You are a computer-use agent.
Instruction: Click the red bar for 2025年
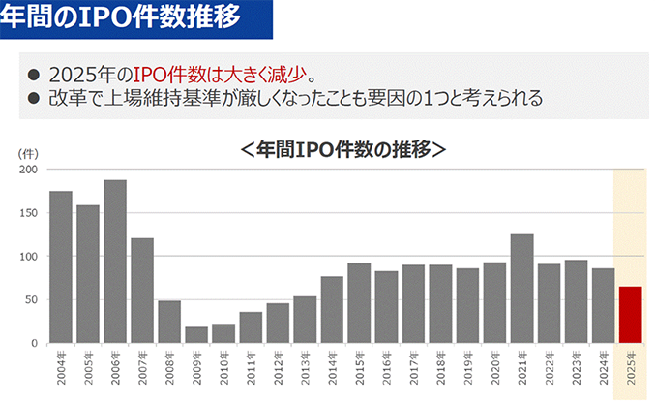tap(630, 315)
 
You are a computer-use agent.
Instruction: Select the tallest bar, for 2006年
tap(115, 262)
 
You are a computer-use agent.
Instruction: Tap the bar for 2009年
tap(196, 335)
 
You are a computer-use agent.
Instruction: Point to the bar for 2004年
tap(61, 267)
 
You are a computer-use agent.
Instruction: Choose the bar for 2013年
tap(305, 320)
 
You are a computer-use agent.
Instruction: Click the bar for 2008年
tap(169, 323)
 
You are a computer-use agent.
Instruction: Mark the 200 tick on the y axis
tap(28, 170)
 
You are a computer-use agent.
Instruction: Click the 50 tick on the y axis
tap(31, 300)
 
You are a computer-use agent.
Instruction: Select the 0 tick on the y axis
tap(34, 344)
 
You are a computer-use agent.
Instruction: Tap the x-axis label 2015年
tap(360, 368)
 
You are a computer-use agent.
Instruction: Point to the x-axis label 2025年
tap(631, 368)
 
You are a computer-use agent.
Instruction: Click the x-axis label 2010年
tap(224, 368)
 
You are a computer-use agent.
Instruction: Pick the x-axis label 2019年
tap(468, 368)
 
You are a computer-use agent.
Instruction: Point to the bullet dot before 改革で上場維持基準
tap(33, 97)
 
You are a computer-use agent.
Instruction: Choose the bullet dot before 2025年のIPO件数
tap(33, 75)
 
